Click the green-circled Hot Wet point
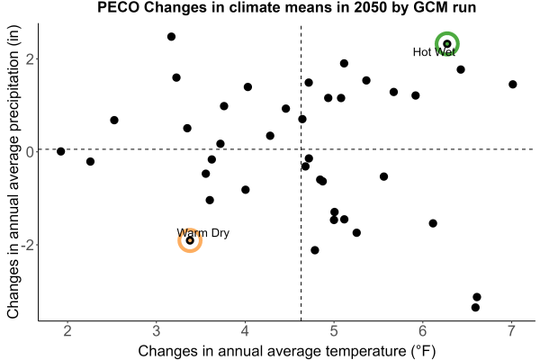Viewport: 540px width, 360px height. (x=447, y=44)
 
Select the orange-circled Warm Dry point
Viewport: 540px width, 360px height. (x=190, y=240)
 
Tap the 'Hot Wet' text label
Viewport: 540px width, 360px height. (x=434, y=52)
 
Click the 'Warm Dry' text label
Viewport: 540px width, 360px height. (x=202, y=233)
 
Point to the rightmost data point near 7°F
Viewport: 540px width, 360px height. (x=512, y=85)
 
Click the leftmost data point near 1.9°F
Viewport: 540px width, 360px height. (x=61, y=151)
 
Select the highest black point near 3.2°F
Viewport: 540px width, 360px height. (x=171, y=37)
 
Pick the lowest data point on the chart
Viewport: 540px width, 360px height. (x=475, y=307)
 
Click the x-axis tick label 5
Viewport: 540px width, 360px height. (x=333, y=330)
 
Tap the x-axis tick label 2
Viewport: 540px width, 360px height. (x=67, y=330)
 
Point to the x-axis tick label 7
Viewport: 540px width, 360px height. (x=511, y=330)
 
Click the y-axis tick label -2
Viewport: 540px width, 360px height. (x=28, y=246)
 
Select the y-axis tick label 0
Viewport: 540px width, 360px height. (x=31, y=151)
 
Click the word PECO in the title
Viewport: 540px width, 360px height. (x=118, y=7)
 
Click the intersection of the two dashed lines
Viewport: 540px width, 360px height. (x=301, y=149)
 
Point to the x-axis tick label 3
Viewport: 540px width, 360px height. (x=157, y=330)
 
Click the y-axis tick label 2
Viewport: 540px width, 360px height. (x=31, y=58)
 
